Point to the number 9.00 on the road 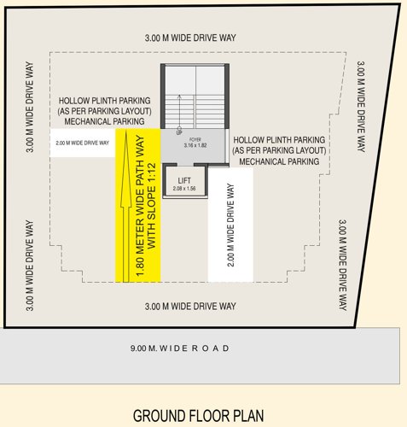[x=142, y=348]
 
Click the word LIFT [x=183, y=180]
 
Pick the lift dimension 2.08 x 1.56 [x=183, y=189]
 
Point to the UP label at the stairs [x=179, y=132]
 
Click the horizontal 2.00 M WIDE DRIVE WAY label [x=82, y=143]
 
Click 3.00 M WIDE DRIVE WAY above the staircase [x=189, y=39]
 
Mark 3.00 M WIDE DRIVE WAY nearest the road [x=189, y=306]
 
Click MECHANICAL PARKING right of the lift [x=280, y=161]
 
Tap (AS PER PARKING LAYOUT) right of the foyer [x=280, y=150]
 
